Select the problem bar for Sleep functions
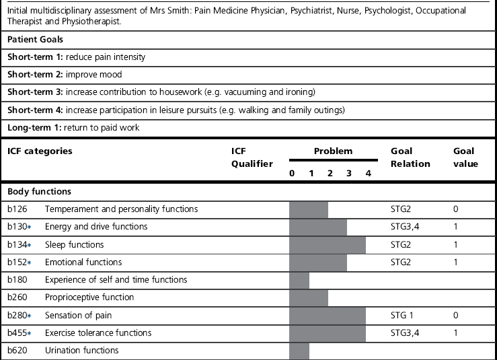coord(328,244)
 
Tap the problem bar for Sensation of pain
coord(328,315)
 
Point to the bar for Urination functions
coord(299,350)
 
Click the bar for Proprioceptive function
coord(309,297)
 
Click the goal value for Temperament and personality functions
coord(456,209)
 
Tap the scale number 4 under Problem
coord(368,174)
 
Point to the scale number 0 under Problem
coord(292,174)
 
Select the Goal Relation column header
coord(410,157)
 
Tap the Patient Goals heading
coord(35,40)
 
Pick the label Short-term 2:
coord(35,75)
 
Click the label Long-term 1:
coord(34,127)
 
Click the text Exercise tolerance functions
coord(98,332)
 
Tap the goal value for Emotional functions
coord(456,262)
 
